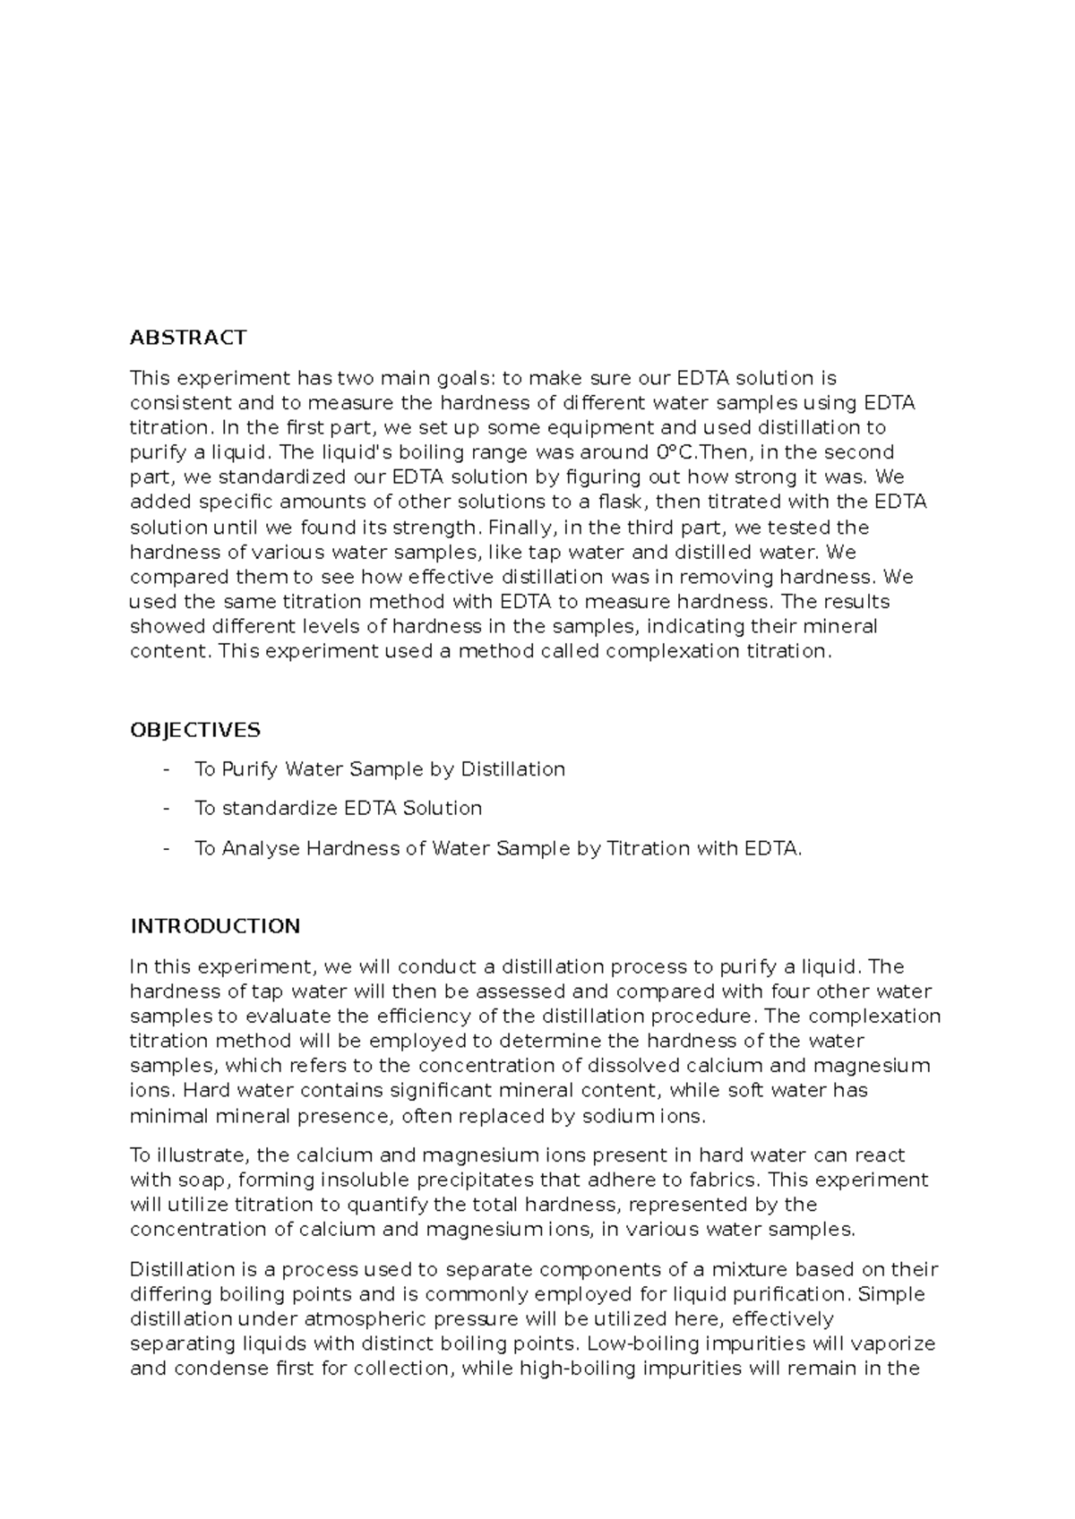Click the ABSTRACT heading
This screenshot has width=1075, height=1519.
tap(188, 338)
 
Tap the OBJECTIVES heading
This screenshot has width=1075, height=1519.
tap(195, 730)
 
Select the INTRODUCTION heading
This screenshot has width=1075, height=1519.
tap(215, 926)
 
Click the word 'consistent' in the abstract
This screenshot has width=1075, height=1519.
tap(175, 403)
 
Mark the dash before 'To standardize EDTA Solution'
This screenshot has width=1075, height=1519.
tap(166, 809)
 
